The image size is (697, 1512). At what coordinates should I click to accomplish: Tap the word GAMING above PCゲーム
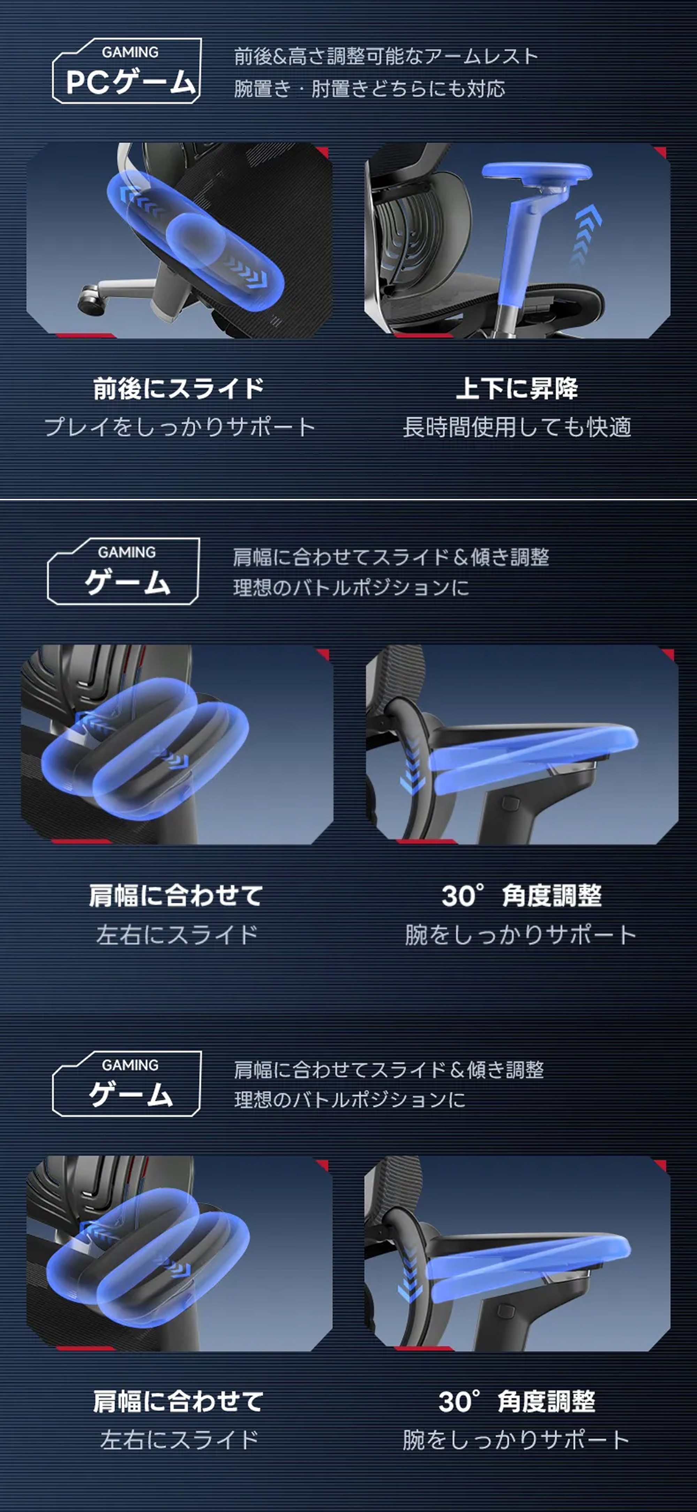click(x=130, y=52)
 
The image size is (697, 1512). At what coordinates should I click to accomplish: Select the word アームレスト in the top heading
click(x=480, y=56)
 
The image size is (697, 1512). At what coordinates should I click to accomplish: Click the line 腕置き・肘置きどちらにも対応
click(x=369, y=88)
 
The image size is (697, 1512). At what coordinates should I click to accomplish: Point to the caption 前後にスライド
click(x=178, y=388)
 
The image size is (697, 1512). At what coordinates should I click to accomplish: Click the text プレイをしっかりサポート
click(x=180, y=427)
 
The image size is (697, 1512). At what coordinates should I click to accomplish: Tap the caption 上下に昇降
click(x=517, y=388)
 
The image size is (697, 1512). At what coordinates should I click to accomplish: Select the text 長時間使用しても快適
click(x=517, y=427)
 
